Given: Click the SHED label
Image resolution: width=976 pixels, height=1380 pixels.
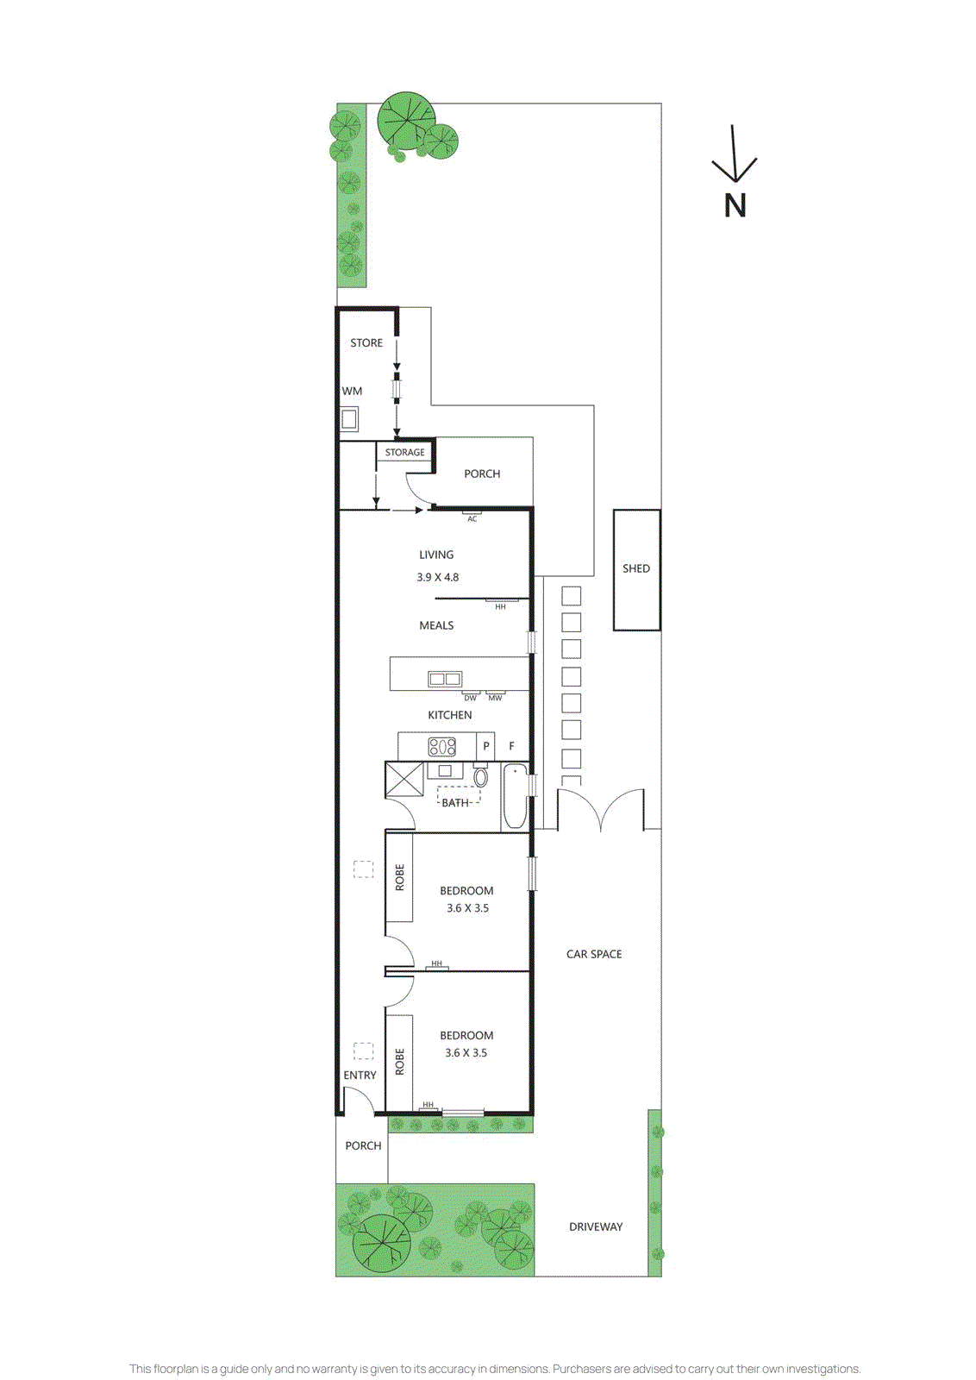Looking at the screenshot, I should pos(636,568).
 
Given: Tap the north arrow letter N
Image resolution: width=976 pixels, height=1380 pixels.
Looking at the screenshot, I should pos(735,205).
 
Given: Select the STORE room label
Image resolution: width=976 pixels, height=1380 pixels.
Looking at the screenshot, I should pos(366,342).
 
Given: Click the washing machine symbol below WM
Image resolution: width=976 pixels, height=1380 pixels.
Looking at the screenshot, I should pos(349,419).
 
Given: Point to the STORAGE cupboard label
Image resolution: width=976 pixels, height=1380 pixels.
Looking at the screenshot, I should pos(404,452).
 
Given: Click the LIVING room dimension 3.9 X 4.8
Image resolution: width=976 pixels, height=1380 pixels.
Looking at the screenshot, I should pos(438,577).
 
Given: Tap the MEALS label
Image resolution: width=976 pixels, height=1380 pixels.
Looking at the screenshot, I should pos(436,625).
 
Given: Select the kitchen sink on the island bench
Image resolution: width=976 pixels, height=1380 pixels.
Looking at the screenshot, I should pos(445,680).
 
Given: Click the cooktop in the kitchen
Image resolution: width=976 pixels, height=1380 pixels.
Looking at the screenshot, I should pos(442,746).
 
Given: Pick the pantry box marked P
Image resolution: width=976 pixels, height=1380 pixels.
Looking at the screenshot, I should pos(486,746).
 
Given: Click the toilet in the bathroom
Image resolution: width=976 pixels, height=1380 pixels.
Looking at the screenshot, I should pos(481,777).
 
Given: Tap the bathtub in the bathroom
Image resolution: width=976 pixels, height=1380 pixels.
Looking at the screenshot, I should pos(515,796).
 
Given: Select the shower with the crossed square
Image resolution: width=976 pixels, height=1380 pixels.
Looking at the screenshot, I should pos(404,780).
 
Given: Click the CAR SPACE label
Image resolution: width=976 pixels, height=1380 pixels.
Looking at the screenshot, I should pos(594,954).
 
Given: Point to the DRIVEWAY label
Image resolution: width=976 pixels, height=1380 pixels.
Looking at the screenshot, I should pos(596,1226).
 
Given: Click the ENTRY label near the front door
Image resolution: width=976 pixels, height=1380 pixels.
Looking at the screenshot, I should pos(360,1075).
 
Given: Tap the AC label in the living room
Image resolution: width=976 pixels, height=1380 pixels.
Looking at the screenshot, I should pos(472,519).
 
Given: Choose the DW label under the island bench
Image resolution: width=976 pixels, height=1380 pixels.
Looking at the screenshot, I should pos(470,698).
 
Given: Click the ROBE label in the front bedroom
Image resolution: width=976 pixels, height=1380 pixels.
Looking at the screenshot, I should pos(399,1061).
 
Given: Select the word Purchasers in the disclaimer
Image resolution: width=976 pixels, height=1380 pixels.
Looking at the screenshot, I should pos(581,1369).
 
